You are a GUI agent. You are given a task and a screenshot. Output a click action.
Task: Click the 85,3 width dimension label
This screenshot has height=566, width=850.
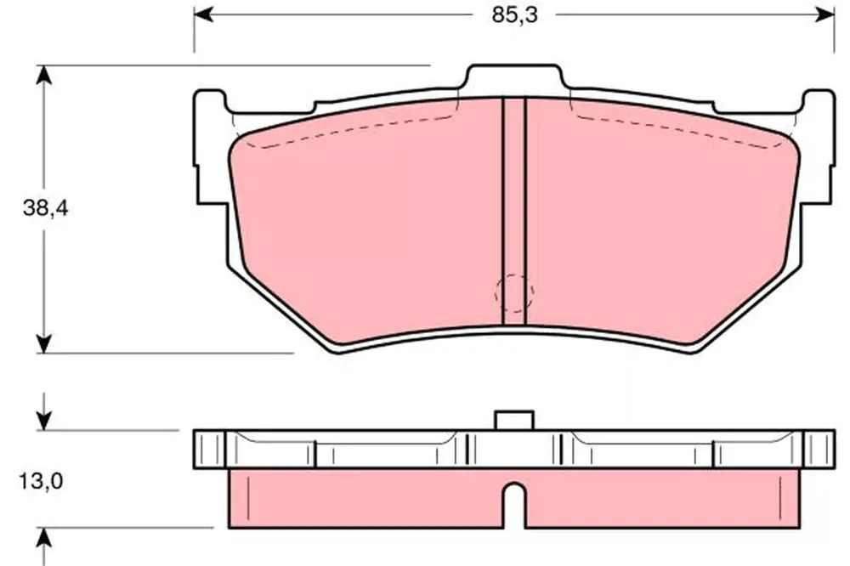(514, 15)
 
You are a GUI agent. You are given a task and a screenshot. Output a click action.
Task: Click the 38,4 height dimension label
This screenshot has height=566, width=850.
(46, 207)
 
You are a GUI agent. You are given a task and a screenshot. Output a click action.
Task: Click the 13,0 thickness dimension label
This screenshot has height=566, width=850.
(41, 480)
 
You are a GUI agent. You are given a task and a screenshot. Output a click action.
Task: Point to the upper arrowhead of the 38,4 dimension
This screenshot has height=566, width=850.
(44, 76)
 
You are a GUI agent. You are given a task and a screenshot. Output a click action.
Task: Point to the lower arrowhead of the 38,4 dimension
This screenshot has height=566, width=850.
(44, 343)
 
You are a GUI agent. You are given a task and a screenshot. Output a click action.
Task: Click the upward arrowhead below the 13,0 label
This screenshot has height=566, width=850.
(44, 537)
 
